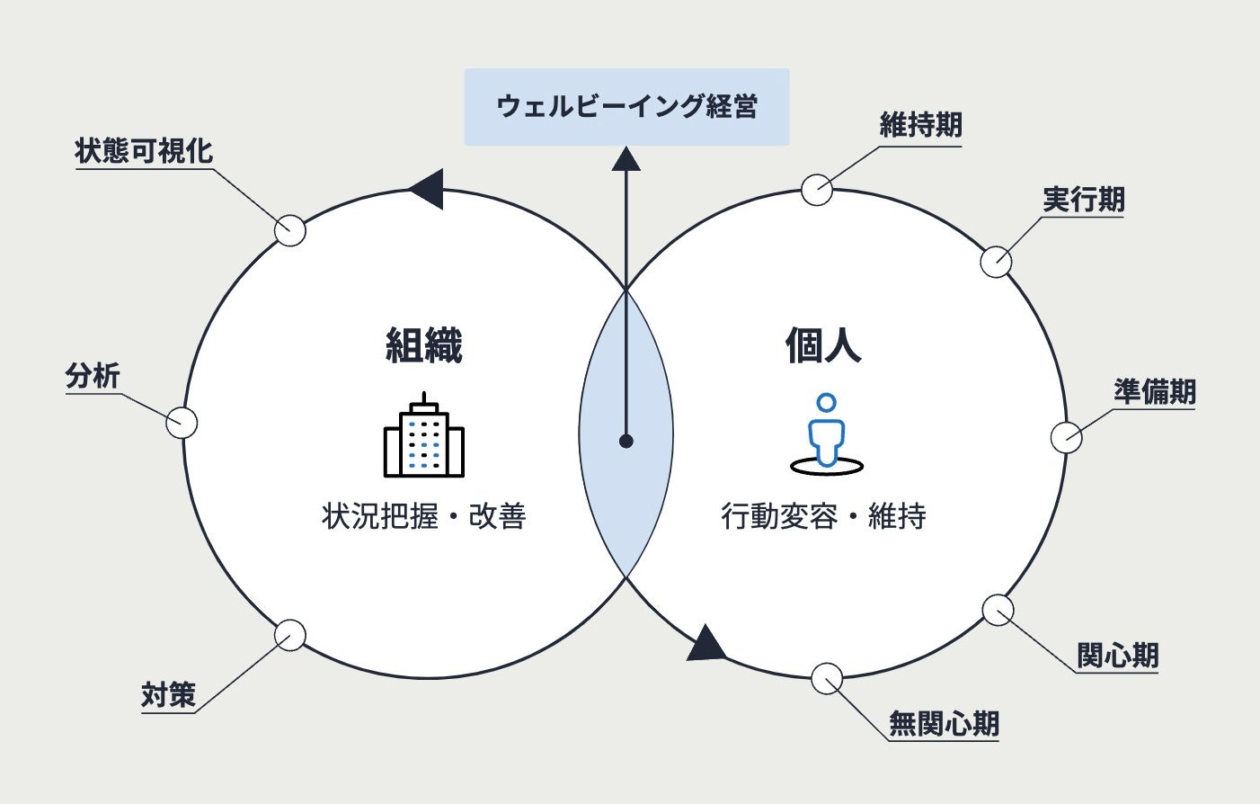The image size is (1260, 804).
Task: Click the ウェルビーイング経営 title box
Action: pos(626,107)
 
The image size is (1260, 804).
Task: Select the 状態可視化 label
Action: pos(144,151)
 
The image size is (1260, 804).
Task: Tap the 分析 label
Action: pos(93,376)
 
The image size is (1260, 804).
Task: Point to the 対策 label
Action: pos(168,695)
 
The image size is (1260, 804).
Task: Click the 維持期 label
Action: pos(920,125)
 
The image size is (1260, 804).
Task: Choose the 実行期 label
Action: pos(1083,200)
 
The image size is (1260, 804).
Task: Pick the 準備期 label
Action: pos(1155,392)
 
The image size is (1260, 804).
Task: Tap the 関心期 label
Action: pos(1117,656)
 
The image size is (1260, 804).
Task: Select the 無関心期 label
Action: pos(944,723)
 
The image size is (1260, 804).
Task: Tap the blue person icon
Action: pos(826,433)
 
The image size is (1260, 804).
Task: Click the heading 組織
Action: pos(423,345)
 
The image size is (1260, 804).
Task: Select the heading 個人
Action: pos(823,345)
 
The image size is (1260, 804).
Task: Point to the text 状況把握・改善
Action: pos(423,516)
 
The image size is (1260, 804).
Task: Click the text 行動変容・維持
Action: pos(823,516)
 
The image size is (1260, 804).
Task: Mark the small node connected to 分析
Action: pos(182,423)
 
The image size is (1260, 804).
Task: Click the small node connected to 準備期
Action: pos(1066,438)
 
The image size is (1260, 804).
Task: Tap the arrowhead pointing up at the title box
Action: pos(626,160)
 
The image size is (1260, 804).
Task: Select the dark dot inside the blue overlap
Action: pos(626,441)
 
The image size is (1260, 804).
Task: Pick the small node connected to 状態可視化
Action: pos(290,230)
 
